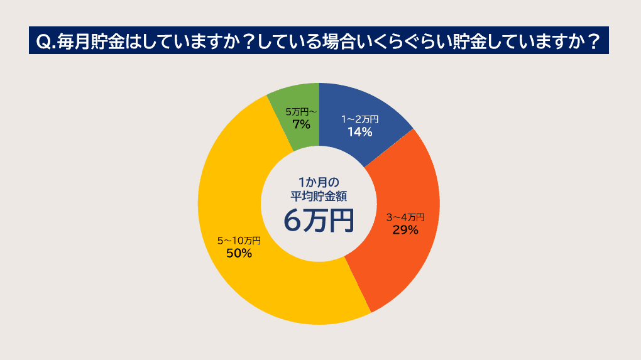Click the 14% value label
click(360, 132)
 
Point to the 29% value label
click(405, 230)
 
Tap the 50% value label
click(239, 253)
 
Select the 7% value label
click(302, 124)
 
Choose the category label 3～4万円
click(405, 217)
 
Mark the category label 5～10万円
click(239, 241)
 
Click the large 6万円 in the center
click(319, 220)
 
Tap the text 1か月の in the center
click(319, 182)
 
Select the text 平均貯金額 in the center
click(319, 195)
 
